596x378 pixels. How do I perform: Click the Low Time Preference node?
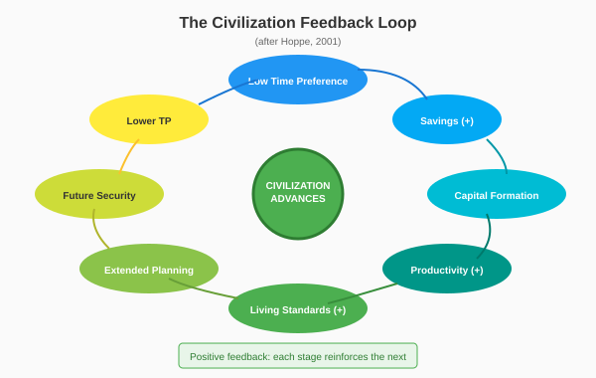click(x=298, y=81)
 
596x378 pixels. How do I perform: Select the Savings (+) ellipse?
click(x=447, y=120)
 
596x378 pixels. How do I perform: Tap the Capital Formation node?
click(x=497, y=195)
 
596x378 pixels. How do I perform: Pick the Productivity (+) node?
click(x=447, y=270)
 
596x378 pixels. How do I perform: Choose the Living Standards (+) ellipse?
click(x=298, y=309)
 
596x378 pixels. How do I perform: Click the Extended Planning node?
click(x=149, y=270)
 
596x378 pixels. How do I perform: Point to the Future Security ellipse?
click(x=99, y=195)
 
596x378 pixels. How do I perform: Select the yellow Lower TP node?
click(x=149, y=120)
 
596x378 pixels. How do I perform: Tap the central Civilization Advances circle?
click(x=298, y=193)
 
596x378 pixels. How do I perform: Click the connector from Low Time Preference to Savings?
click(x=402, y=79)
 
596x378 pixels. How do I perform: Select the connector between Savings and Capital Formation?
click(x=499, y=154)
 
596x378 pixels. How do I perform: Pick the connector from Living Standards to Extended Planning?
click(x=204, y=289)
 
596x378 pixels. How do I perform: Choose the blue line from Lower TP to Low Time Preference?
click(x=219, y=94)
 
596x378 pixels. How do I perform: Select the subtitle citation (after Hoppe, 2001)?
click(x=298, y=42)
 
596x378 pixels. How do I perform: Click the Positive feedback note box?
click(x=298, y=356)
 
